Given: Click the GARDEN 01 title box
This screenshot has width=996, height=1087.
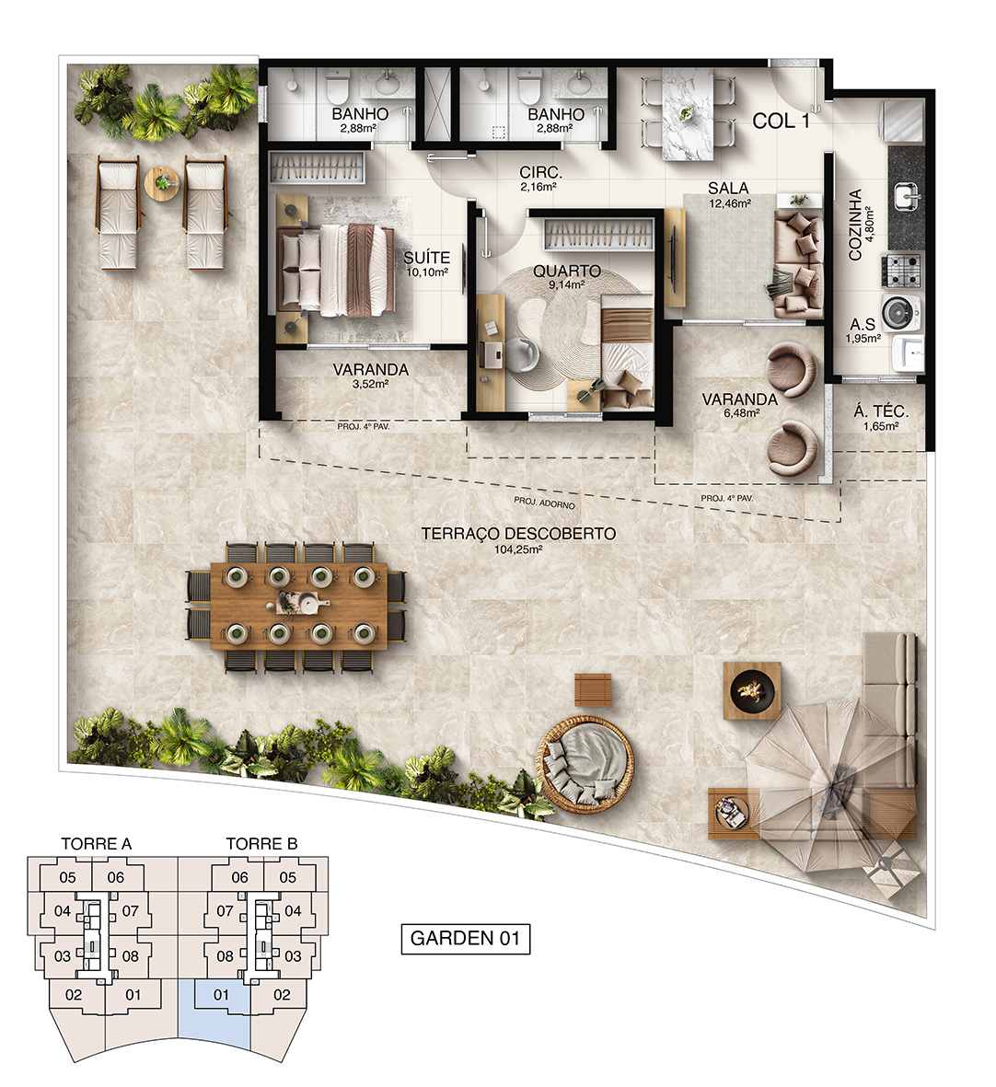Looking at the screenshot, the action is point(466,939).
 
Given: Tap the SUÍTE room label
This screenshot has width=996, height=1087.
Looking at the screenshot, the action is point(426,258).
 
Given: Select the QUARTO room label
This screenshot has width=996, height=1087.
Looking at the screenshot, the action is point(567,271).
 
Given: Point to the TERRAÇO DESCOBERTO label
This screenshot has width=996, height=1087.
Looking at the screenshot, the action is point(518,534).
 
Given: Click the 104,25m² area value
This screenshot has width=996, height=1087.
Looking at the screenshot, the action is point(517,549).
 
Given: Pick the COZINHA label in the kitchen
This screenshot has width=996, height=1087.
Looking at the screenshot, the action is point(855,225).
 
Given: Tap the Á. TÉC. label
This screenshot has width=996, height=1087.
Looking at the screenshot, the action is point(880,411).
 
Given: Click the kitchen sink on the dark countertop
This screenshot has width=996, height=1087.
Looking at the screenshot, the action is point(906,196).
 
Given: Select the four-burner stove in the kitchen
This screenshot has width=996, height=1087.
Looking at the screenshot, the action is point(902,271).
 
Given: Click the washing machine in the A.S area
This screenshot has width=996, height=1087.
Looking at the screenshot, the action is point(902,310).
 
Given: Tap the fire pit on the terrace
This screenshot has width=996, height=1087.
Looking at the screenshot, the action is point(752,690).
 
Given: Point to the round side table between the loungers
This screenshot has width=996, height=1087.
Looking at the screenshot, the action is point(161,184).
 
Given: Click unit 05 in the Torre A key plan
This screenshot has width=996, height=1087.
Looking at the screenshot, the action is point(67,878).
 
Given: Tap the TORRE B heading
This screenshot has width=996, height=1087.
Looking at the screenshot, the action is point(261,844).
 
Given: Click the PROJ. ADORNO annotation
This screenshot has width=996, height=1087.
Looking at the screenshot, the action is point(544,503).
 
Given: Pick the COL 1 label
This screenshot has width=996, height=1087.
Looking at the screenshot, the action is point(782,121).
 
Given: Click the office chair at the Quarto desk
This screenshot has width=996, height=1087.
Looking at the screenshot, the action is point(520,353).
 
